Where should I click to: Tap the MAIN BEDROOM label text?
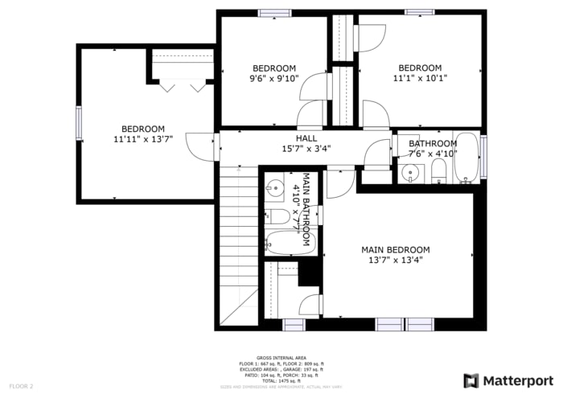(x=395, y=250)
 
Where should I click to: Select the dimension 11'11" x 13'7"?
(x=143, y=139)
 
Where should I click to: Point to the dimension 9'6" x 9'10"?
(x=274, y=78)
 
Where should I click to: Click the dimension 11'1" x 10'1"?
(x=420, y=78)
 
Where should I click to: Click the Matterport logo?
(x=508, y=380)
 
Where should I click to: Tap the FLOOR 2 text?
(x=21, y=386)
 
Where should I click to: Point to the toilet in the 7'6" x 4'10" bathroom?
(x=438, y=170)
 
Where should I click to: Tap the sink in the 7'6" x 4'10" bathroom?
(x=413, y=172)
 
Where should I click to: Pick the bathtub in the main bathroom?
(x=288, y=242)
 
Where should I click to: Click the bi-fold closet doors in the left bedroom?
(x=183, y=85)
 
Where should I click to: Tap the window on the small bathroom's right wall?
(x=483, y=156)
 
